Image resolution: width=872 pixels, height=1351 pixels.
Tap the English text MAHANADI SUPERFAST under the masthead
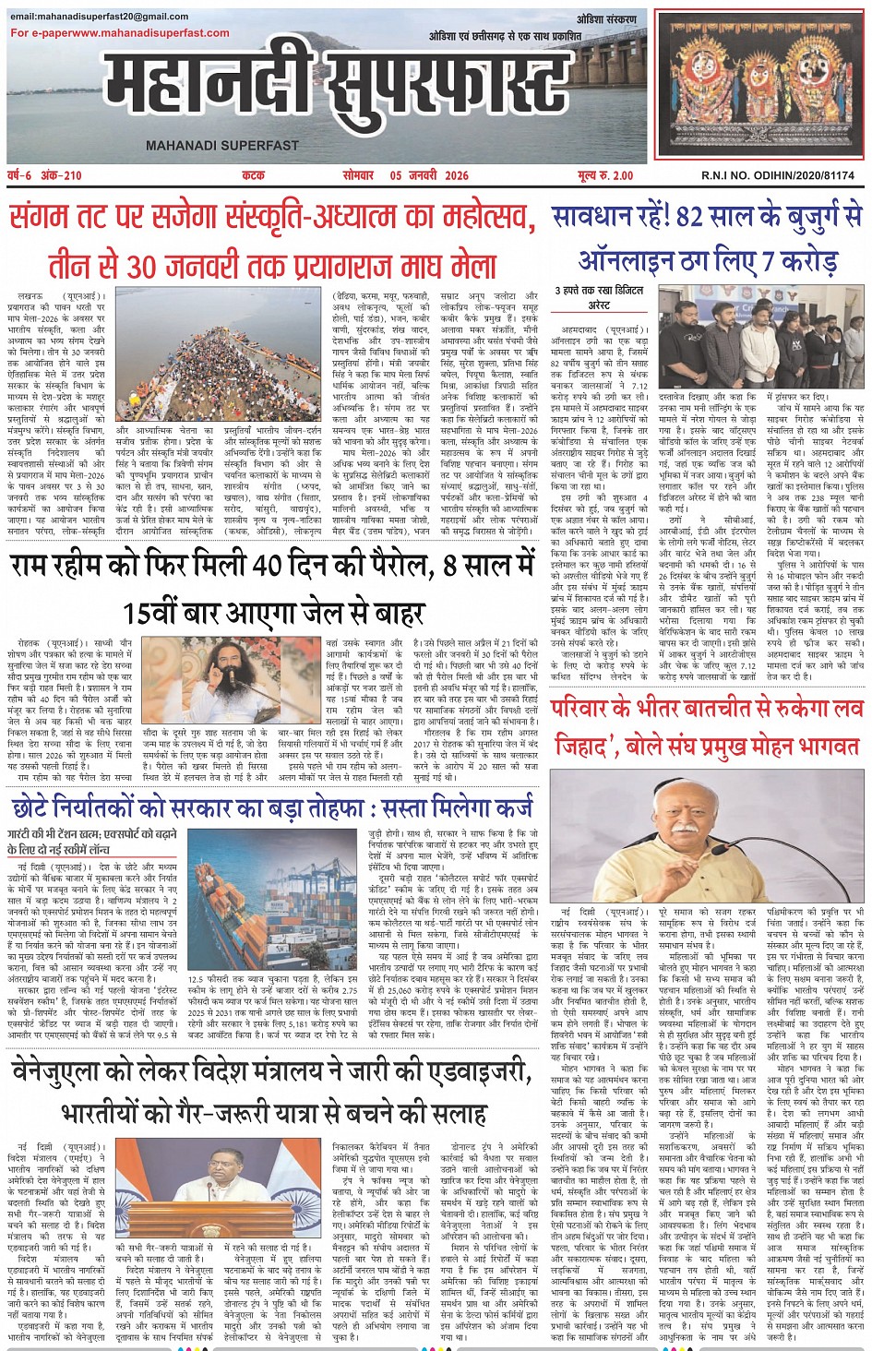tap(222, 145)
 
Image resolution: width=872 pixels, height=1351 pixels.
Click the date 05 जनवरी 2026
tap(429, 175)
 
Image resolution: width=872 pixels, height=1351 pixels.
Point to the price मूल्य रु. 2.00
tap(606, 175)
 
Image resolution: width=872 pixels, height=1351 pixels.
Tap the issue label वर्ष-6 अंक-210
tap(45, 175)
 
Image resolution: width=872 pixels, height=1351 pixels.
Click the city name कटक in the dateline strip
tap(253, 175)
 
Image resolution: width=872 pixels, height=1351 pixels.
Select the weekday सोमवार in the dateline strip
tap(358, 175)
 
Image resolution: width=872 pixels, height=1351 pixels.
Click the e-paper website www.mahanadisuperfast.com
tap(158, 33)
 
